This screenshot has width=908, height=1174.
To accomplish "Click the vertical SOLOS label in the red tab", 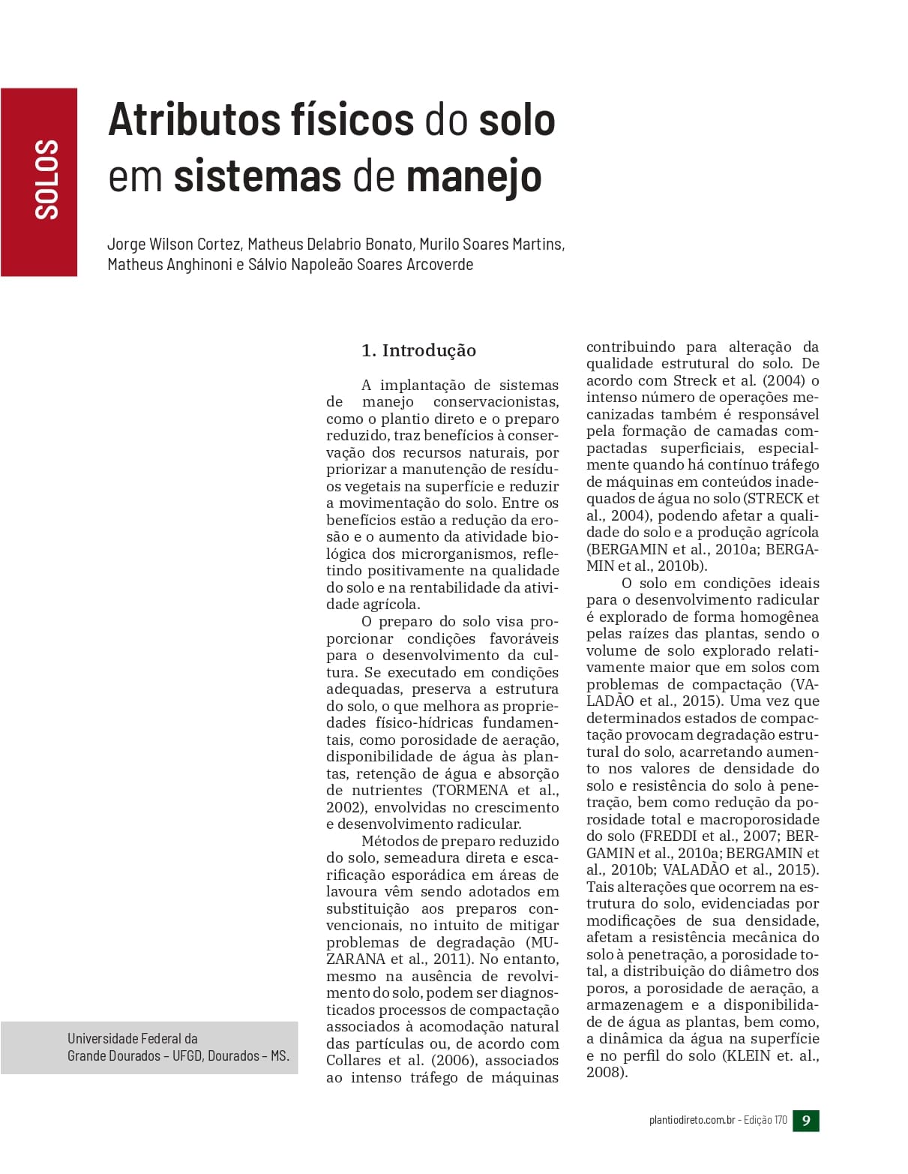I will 46,179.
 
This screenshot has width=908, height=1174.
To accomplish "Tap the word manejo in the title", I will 474,176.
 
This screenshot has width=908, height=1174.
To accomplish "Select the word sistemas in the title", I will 257,176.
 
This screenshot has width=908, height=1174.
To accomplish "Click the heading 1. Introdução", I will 418,350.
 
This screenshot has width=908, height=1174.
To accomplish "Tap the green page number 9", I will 806,1121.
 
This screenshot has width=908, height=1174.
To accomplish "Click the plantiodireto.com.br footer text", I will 691,1121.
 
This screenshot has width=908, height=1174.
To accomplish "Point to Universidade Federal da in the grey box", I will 133,1038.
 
